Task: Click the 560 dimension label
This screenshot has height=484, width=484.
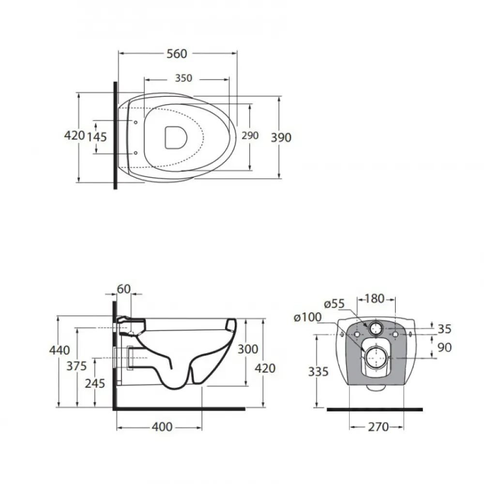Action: click(x=177, y=54)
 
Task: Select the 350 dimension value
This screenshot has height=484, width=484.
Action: click(x=183, y=78)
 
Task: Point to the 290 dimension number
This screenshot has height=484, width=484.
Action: click(x=250, y=136)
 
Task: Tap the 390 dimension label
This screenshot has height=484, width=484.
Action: click(x=281, y=137)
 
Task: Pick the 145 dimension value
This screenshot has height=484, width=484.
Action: click(x=97, y=137)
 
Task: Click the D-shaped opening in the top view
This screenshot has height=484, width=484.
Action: click(x=176, y=137)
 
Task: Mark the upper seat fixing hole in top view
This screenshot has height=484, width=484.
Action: click(x=136, y=122)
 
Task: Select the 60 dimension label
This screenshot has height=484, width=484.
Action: click(x=124, y=289)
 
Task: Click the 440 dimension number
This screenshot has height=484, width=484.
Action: click(x=59, y=350)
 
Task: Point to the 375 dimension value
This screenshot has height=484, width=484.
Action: click(x=76, y=366)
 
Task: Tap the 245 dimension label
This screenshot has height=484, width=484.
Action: click(x=95, y=383)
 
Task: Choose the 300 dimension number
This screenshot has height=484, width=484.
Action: click(x=248, y=349)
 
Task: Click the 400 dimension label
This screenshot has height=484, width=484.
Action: click(x=162, y=427)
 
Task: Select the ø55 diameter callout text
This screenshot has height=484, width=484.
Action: click(x=334, y=304)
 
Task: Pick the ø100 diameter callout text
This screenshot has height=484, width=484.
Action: click(x=308, y=317)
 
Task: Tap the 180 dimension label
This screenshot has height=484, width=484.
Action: click(x=375, y=299)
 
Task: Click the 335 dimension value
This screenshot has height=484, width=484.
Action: click(x=318, y=372)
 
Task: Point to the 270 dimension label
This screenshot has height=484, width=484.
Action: click(x=378, y=427)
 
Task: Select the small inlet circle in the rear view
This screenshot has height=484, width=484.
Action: click(x=376, y=322)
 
